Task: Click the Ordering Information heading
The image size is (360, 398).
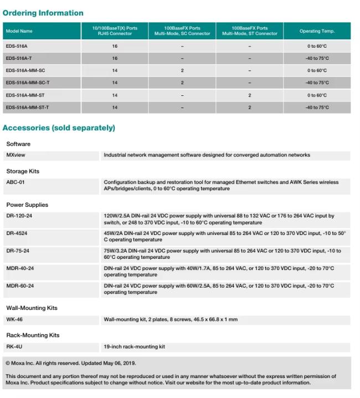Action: coord(43,13)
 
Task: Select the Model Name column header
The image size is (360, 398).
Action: coord(19,31)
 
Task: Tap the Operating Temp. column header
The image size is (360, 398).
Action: coord(317,31)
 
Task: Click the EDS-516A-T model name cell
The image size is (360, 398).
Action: coord(19,58)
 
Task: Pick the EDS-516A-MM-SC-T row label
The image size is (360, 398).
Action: coord(28,83)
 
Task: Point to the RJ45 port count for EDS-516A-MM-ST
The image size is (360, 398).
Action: coord(115,95)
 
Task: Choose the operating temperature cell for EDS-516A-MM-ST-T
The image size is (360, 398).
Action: coord(317,108)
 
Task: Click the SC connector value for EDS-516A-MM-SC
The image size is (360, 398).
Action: coord(182,70)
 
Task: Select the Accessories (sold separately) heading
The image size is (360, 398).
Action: coord(59,128)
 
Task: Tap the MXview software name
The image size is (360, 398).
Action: coord(16,155)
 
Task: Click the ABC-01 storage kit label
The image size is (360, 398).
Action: coord(16,182)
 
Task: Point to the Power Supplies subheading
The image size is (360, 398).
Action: coord(27,205)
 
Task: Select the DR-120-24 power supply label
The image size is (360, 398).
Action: coord(19,216)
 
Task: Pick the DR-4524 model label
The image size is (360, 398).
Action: coord(17,233)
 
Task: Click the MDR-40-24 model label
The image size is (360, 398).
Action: coord(20,268)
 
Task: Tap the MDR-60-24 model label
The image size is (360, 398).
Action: coord(20,286)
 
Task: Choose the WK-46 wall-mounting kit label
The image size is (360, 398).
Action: coord(14,319)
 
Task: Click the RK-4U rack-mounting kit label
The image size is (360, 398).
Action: coord(14,347)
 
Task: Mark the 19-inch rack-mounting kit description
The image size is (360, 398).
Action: coord(135,347)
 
